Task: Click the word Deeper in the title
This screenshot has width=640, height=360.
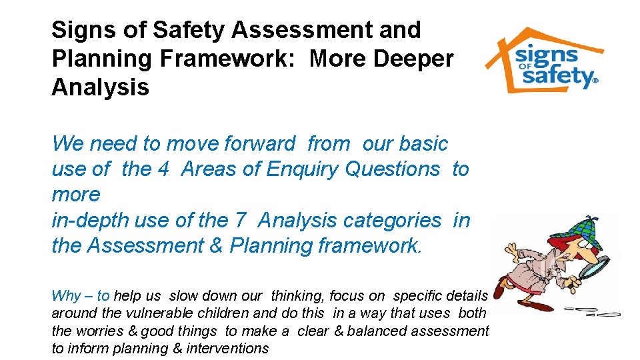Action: (415, 59)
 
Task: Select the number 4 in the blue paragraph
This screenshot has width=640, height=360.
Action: (163, 169)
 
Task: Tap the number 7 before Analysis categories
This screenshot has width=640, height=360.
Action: (241, 220)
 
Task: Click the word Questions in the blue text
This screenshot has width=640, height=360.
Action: (393, 169)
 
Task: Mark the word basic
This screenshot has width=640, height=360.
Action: (425, 144)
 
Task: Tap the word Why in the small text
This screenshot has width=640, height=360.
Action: (66, 296)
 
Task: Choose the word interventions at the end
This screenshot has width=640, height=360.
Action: (230, 348)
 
